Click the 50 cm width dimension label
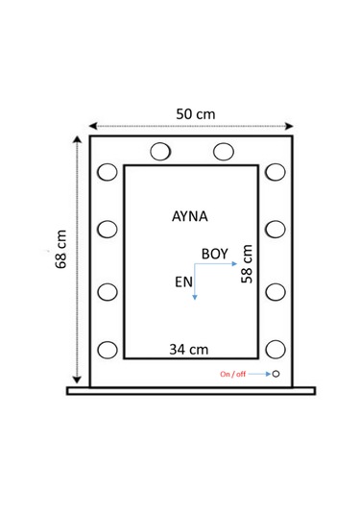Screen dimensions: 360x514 coord(196,114)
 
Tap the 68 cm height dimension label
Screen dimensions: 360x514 coord(61,250)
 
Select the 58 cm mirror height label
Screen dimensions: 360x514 coord(247,264)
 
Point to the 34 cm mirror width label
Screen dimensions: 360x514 coord(189,350)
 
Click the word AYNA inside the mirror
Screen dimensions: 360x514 coord(190,216)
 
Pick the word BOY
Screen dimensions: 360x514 coord(214,254)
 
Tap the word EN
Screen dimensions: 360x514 coord(183,282)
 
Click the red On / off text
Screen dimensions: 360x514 coord(233,374)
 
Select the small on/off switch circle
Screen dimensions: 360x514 coord(276,374)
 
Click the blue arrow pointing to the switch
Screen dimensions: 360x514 coord(259,374)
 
